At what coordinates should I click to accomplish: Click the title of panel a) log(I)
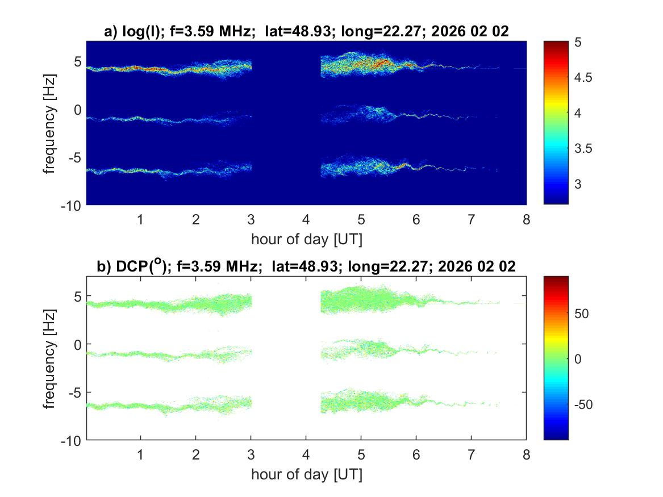[306, 32]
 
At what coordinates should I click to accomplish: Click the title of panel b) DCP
[306, 266]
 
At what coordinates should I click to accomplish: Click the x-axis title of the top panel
[306, 239]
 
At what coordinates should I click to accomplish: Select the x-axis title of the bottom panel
[306, 474]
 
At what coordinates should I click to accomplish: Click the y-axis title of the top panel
[52, 122]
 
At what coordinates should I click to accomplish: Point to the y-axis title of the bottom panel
[52, 358]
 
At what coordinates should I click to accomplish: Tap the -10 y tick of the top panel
[73, 204]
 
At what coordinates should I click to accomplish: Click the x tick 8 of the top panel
[526, 219]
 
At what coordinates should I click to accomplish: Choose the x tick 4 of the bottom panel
[306, 455]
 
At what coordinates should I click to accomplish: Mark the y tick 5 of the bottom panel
[78, 296]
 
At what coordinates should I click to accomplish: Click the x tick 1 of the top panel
[141, 219]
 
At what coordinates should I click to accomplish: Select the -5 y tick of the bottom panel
[76, 392]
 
